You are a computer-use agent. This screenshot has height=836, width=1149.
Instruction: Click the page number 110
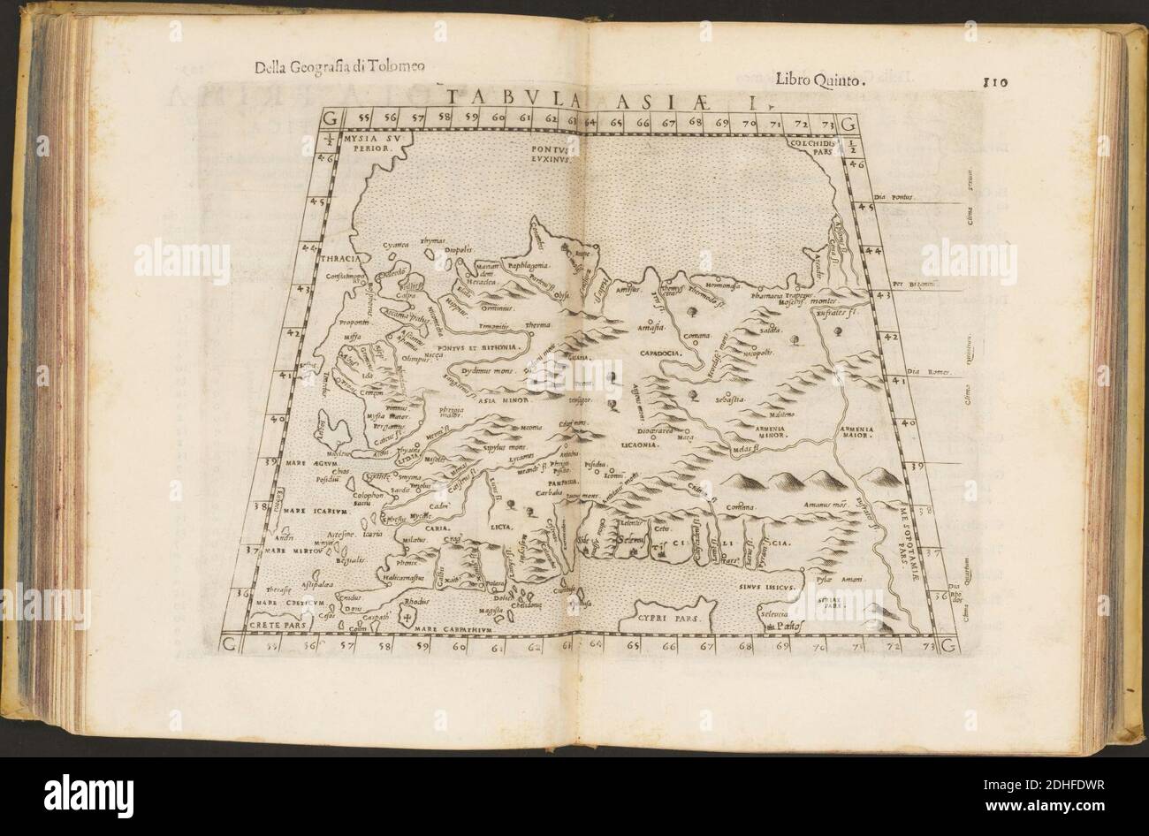[996, 84]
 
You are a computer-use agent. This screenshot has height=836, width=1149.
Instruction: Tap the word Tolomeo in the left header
[392, 65]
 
